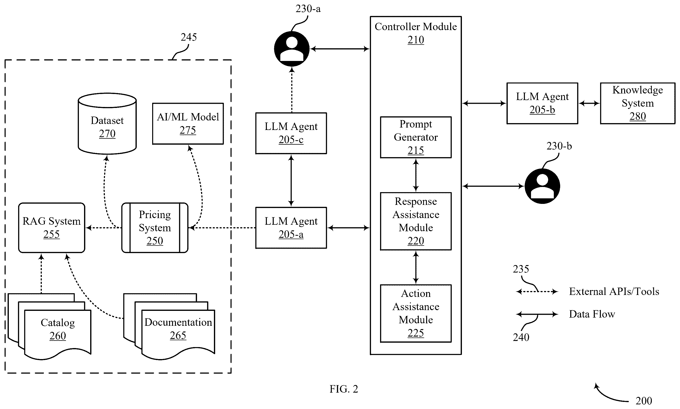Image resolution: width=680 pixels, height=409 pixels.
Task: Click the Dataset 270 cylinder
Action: pos(107,123)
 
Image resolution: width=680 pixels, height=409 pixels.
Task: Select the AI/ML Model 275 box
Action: pos(188,123)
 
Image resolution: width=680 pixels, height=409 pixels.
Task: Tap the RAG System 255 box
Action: pos(52,228)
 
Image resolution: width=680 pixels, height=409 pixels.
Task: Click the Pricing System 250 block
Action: pos(155,228)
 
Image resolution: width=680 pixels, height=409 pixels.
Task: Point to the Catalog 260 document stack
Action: pos(50,327)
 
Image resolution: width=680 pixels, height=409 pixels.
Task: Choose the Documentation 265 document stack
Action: pos(169,327)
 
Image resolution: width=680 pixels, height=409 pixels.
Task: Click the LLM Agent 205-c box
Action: pos(291,133)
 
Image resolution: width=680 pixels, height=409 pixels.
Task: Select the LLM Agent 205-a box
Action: pos(291,228)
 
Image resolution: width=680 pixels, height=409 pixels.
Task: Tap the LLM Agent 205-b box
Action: pos(542,103)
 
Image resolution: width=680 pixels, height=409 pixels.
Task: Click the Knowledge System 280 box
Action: pos(638,103)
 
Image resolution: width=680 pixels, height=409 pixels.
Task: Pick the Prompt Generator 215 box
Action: pos(416,137)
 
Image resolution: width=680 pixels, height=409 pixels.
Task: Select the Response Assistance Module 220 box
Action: pos(416,221)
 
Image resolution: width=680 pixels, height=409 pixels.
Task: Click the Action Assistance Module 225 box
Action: pos(416,313)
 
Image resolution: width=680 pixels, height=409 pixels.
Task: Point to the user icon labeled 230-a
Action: pos(292,49)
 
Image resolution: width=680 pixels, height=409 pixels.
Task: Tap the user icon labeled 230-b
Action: pos(542,186)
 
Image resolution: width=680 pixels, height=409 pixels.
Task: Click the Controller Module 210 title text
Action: pos(416,33)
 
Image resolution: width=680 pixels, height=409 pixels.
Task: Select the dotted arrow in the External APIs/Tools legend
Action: pos(537,292)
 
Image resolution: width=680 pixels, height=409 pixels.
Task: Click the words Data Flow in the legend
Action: pos(592,314)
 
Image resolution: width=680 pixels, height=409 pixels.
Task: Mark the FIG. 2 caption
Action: pos(344,389)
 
